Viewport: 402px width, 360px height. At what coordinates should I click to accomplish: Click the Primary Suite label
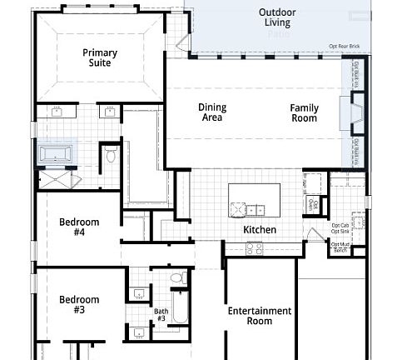(x=100, y=57)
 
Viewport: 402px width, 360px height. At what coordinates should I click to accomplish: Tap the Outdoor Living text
(x=277, y=17)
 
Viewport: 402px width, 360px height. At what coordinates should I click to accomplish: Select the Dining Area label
(x=212, y=112)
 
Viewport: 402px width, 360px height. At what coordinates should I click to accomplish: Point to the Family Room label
(x=304, y=112)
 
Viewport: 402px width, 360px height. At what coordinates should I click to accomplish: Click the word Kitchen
(x=260, y=230)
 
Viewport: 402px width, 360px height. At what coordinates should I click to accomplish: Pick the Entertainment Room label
(x=260, y=316)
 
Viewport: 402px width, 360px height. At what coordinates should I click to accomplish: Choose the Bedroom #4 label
(x=79, y=227)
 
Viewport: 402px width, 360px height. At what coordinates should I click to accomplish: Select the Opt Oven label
(x=314, y=202)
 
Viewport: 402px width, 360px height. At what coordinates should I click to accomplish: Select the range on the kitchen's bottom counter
(x=255, y=247)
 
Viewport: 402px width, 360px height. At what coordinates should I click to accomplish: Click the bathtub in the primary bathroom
(x=57, y=154)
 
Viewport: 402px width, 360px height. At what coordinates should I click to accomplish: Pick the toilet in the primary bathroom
(x=111, y=156)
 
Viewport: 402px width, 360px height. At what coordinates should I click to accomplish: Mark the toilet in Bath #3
(x=176, y=277)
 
